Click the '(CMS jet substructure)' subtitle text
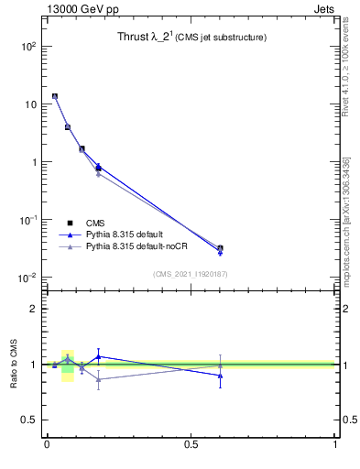pyautogui.click(x=222, y=38)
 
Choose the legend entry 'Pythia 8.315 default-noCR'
pyautogui.click(x=139, y=247)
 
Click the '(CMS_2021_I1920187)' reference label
pyautogui.click(x=190, y=274)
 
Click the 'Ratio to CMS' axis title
pyautogui.click(x=14, y=365)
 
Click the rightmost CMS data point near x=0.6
pyautogui.click(x=220, y=248)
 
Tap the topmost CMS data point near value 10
pyautogui.click(x=55, y=96)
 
